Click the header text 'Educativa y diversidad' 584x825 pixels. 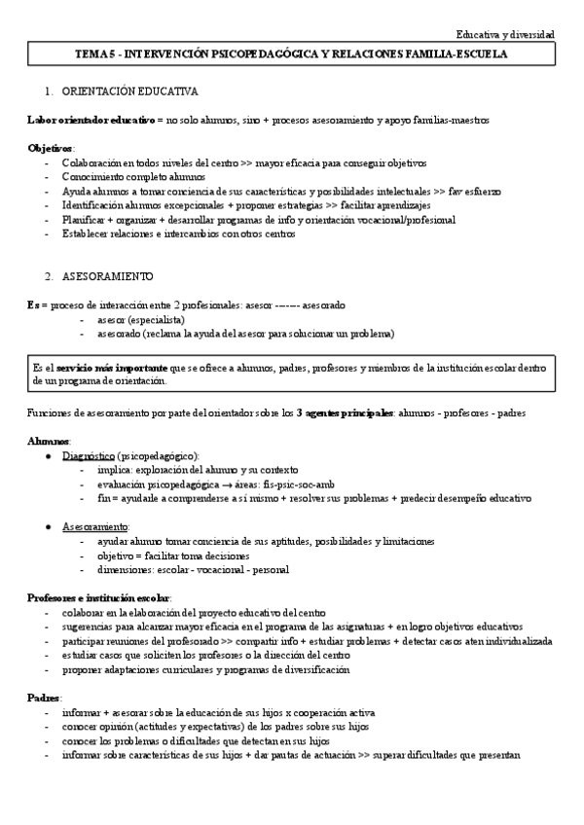point(505,34)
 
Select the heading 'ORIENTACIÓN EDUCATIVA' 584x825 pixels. point(129,91)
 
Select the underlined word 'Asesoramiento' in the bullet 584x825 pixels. point(95,525)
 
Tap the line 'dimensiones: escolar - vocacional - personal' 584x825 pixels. point(193,569)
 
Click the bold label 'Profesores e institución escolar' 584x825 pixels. point(98,596)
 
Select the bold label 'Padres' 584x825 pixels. point(43,699)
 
